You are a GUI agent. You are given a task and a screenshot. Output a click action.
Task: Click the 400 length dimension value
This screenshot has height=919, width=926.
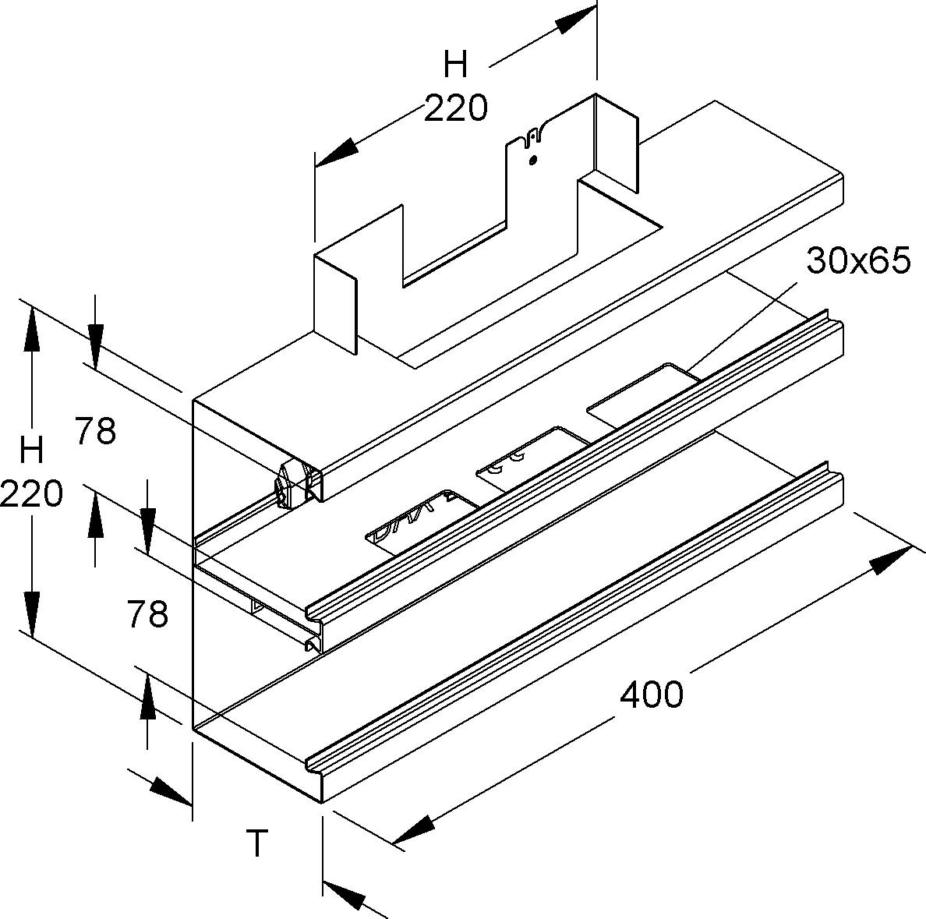651,693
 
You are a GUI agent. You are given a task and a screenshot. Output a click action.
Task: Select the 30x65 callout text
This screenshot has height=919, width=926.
858,262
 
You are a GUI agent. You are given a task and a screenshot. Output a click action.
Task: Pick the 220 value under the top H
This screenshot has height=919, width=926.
455,108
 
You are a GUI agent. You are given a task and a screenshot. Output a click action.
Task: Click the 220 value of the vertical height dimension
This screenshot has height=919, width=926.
31,493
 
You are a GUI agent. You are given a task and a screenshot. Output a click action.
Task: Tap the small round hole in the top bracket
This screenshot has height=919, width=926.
532,161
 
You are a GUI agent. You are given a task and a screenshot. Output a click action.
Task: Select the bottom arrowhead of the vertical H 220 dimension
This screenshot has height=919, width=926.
32,613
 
